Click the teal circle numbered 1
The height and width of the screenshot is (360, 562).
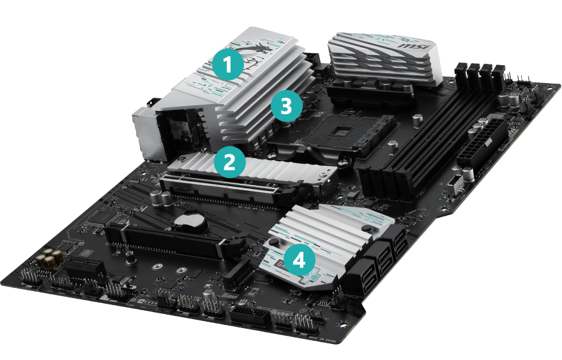228,64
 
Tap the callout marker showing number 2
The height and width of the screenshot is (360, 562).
230,162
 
